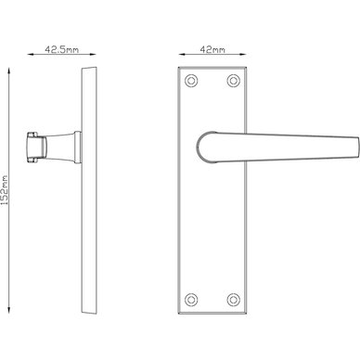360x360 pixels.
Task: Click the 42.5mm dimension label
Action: (x=62, y=49)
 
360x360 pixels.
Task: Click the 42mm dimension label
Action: (x=212, y=49)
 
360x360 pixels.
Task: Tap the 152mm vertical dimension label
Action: (x=5, y=190)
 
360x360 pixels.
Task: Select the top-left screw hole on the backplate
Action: (x=191, y=81)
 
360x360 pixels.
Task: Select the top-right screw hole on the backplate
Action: (x=234, y=81)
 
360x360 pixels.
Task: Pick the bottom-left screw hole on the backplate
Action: (x=191, y=300)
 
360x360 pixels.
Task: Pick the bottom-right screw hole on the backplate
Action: (x=234, y=300)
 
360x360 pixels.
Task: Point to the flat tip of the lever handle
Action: (x=358, y=148)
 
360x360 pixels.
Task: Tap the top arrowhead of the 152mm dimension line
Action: (x=9, y=71)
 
